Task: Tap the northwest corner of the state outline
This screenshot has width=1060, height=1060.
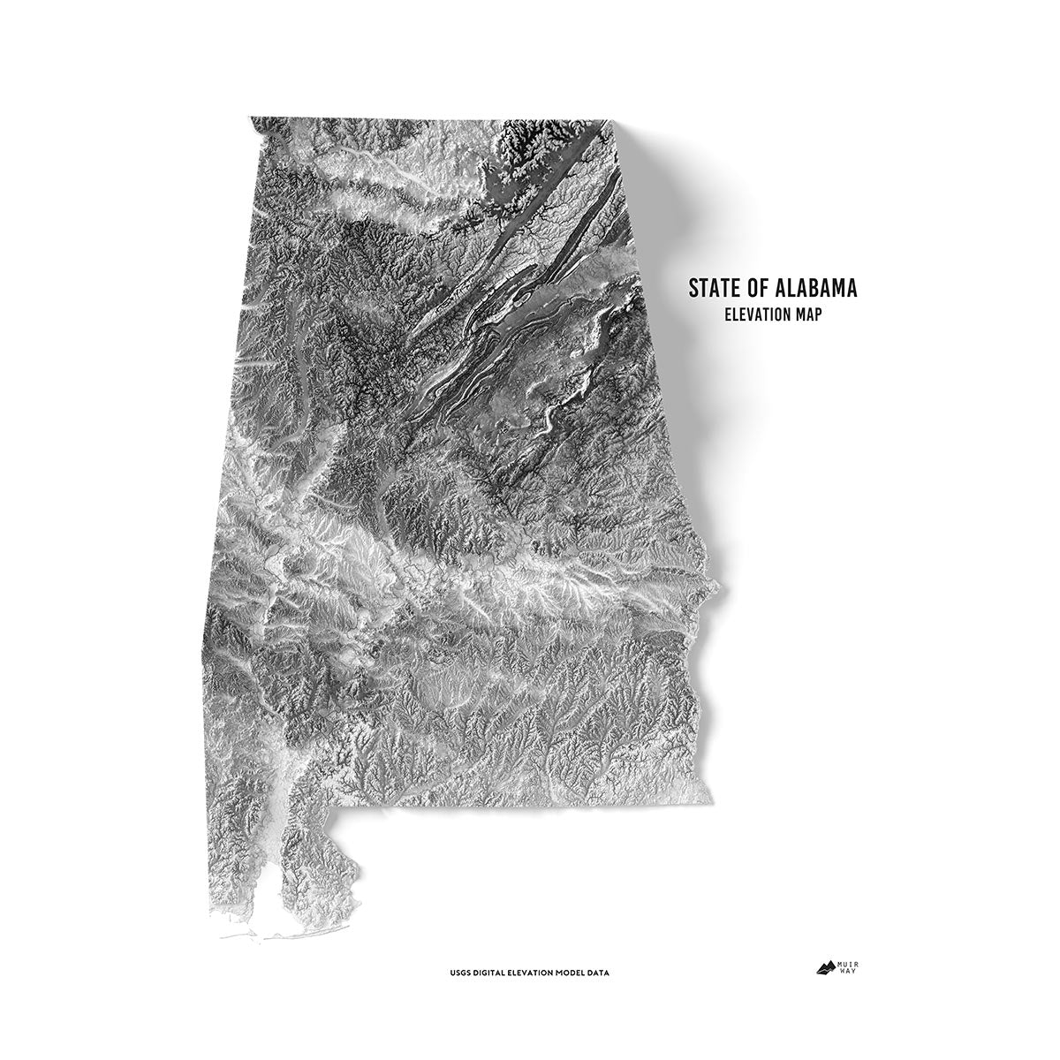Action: click(x=253, y=119)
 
